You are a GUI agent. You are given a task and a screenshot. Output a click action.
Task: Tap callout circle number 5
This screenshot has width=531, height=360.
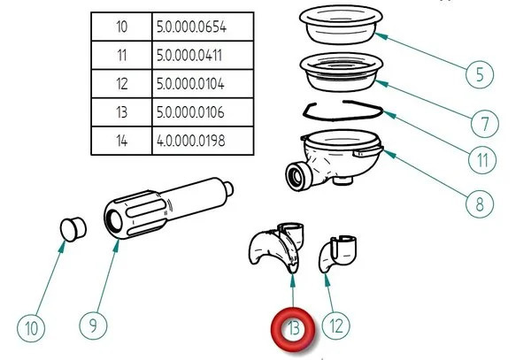pyautogui.click(x=479, y=73)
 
